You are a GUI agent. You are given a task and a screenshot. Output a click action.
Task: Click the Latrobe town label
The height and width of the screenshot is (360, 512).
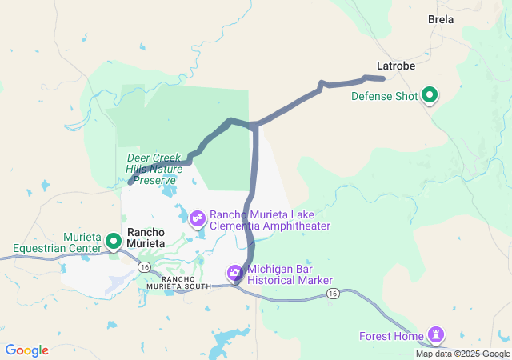click(x=395, y=66)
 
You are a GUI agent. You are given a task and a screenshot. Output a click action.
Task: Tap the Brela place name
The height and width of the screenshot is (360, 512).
click(x=441, y=19)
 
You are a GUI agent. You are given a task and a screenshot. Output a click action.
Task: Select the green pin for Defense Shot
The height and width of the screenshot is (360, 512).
click(x=430, y=96)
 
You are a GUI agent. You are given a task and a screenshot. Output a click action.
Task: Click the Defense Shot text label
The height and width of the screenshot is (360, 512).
click(x=385, y=97)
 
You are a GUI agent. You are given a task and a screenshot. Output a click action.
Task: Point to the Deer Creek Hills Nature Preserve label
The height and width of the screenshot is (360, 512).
click(x=154, y=169)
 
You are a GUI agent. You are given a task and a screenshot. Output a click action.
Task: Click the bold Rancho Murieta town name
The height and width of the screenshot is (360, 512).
click(x=146, y=237)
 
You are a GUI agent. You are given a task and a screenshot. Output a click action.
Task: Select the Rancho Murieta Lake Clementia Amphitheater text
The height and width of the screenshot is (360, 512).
click(x=270, y=221)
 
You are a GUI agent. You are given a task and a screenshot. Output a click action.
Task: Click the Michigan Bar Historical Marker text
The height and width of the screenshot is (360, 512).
click(x=290, y=274)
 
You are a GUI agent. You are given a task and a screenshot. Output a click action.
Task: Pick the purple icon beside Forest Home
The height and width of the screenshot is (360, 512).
click(x=436, y=333)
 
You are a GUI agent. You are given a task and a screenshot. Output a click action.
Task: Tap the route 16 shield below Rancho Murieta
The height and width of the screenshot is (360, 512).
click(x=144, y=265)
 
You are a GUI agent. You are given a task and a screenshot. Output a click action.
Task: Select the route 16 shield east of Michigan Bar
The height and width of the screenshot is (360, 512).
click(x=333, y=294)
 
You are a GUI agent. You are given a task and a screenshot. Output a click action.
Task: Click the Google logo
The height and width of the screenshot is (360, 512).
click(x=26, y=350)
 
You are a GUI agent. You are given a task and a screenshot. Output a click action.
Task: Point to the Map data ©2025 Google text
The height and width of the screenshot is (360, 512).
click(x=462, y=354)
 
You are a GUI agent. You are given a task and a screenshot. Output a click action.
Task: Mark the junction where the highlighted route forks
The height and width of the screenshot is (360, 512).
click(x=254, y=126)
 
